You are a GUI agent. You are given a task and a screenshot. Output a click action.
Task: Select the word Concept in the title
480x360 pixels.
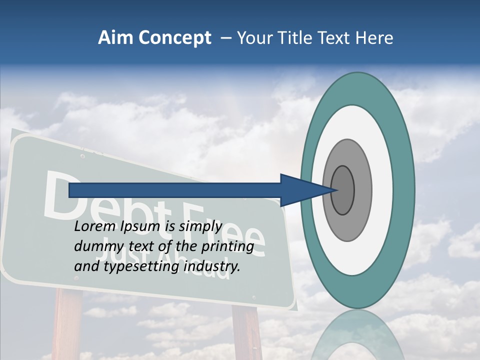click(174, 38)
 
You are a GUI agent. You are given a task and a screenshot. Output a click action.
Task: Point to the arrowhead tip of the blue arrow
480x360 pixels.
click(338, 190)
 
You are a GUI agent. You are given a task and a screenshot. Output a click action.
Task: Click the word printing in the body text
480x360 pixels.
click(227, 246)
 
